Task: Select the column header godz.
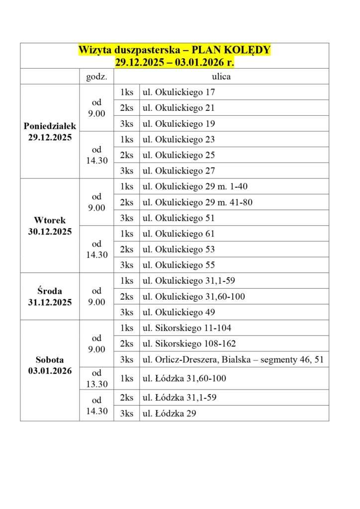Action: point(96,77)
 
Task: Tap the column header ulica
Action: point(221,77)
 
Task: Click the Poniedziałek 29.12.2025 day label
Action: point(50,132)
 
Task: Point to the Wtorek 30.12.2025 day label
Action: point(50,226)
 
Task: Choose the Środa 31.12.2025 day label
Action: point(50,296)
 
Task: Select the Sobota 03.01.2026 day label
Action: point(50,365)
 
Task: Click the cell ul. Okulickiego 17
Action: point(179,92)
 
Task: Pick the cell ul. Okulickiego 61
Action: point(179,234)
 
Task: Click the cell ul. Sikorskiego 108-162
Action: point(189,343)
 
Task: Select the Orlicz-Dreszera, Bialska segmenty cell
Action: point(233,359)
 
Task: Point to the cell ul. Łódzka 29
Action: point(170,413)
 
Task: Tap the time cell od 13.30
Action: point(96,378)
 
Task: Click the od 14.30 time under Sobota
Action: point(96,405)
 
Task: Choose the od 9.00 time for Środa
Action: point(96,296)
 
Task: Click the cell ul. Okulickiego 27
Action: point(179,170)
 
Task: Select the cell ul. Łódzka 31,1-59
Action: point(180,397)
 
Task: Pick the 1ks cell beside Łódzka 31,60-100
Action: point(126,378)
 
